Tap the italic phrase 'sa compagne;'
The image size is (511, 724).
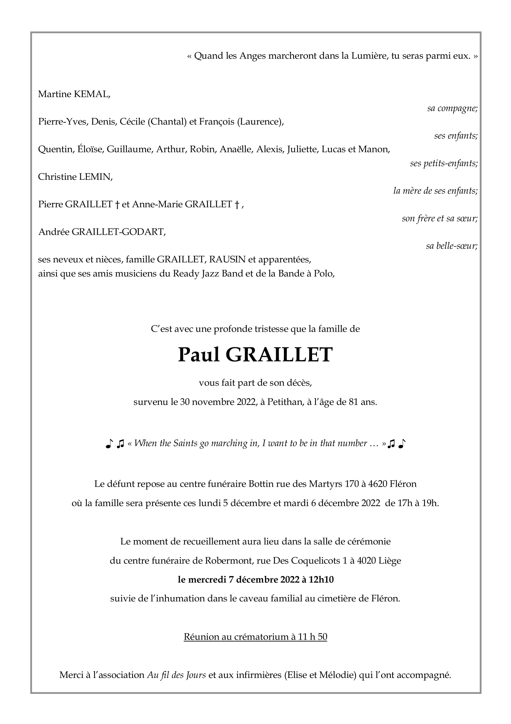pyautogui.click(x=452, y=108)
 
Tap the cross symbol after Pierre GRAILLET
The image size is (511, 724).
pyautogui.click(x=117, y=205)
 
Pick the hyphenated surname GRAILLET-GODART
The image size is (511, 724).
pyautogui.click(x=118, y=232)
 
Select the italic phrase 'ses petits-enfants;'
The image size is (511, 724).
pyautogui.click(x=443, y=163)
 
